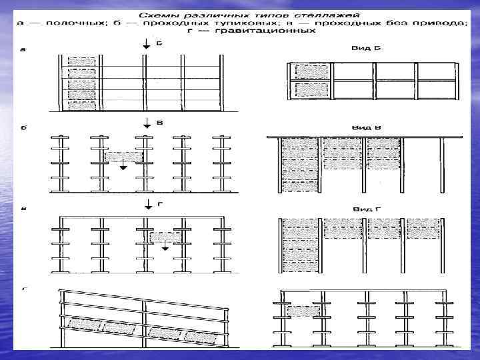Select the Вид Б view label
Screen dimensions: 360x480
pyautogui.click(x=364, y=48)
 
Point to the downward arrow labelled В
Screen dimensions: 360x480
pyautogui.click(x=145, y=124)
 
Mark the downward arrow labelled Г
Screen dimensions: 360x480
pyautogui.click(x=145, y=205)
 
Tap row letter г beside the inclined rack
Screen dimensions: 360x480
pyautogui.click(x=25, y=289)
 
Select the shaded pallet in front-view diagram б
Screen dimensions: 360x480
pyautogui.click(x=123, y=157)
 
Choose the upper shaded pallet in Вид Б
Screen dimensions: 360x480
pyautogui.click(x=309, y=70)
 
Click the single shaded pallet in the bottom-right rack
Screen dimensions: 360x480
pyautogui.click(x=302, y=311)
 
